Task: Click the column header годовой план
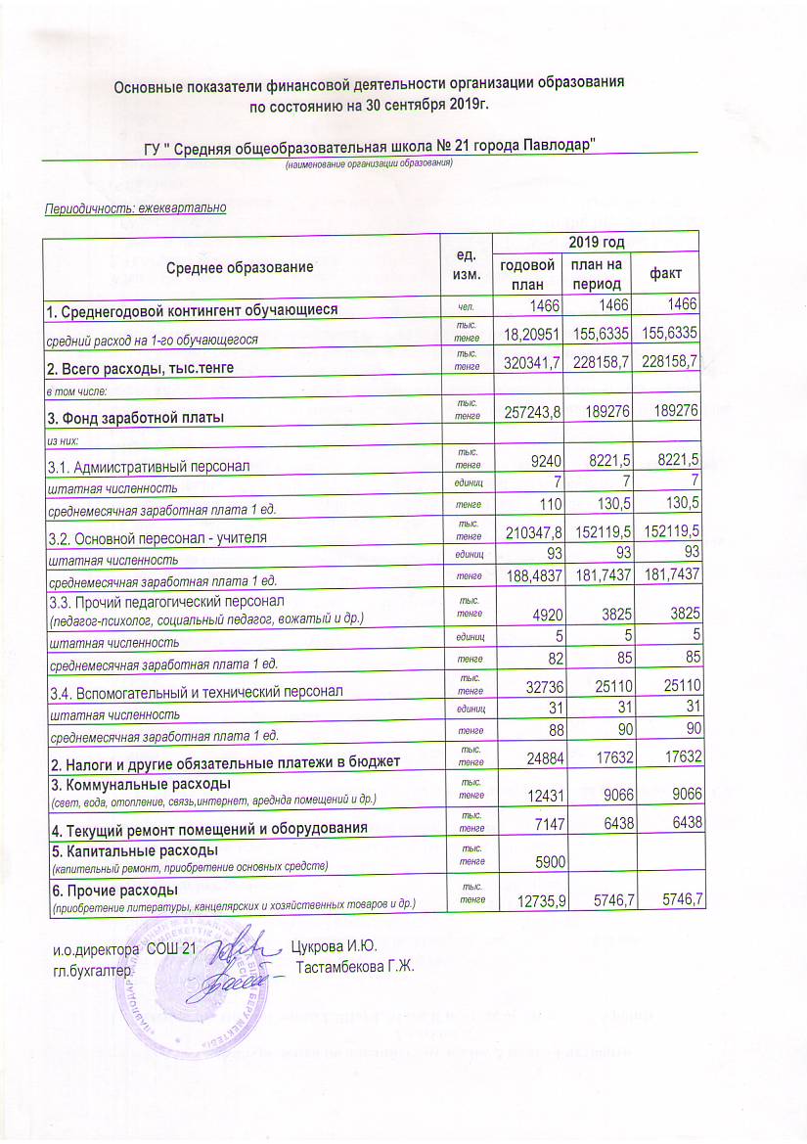(x=528, y=274)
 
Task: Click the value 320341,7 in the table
(x=528, y=363)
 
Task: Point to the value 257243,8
(x=528, y=415)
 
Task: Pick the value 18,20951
(x=528, y=336)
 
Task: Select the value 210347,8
(x=528, y=537)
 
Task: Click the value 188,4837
(x=528, y=576)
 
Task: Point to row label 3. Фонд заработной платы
(x=135, y=418)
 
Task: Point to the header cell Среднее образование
(x=240, y=266)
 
